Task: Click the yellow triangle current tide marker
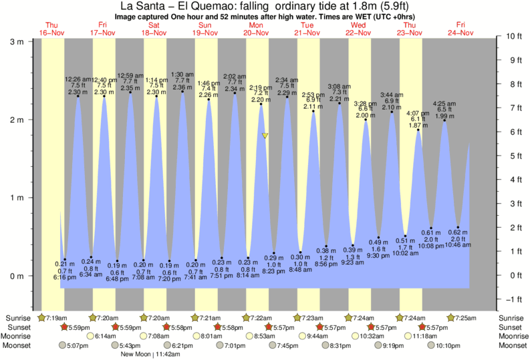265,136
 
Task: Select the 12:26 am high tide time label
78,79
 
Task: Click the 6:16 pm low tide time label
65,277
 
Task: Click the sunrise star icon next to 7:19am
43,318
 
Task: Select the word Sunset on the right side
510,327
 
